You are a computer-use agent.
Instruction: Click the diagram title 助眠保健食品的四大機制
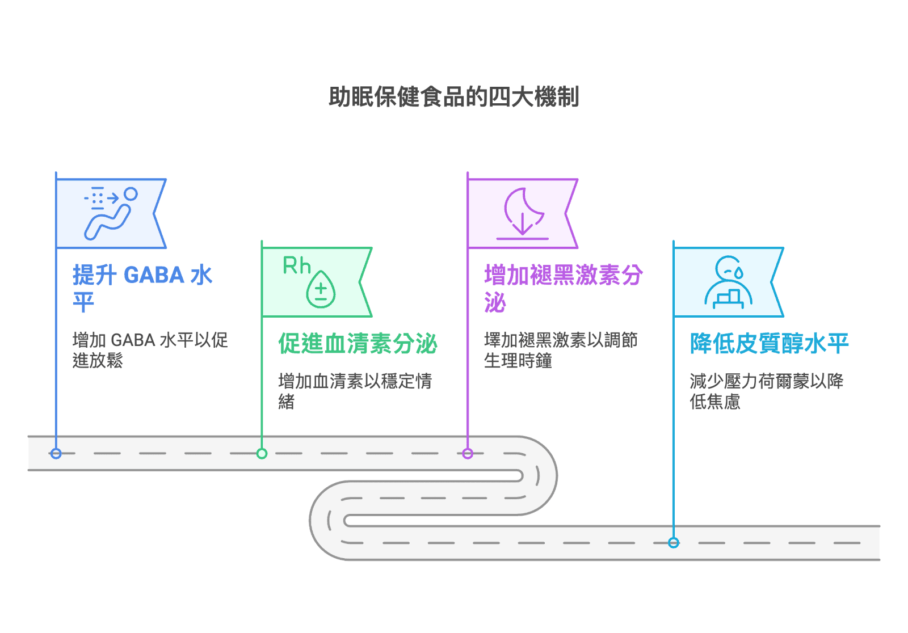453,97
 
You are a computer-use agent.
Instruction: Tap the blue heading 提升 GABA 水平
142,288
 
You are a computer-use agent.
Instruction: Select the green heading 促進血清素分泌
358,344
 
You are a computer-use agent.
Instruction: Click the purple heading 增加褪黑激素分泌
564,288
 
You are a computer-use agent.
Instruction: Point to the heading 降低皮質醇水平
769,344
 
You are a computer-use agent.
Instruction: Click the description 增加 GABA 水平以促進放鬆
150,350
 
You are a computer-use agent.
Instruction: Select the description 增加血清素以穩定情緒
355,391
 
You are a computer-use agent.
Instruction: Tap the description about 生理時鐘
561,350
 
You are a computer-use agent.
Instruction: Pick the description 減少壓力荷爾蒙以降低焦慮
767,391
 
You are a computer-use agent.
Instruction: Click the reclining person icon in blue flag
110,214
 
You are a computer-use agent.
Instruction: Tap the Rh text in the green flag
296,266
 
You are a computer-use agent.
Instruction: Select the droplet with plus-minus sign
321,289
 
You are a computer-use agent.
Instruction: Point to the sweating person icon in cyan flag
728,282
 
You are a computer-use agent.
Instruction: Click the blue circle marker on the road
56,453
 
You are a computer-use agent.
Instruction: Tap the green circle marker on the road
262,453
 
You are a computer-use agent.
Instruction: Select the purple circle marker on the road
468,453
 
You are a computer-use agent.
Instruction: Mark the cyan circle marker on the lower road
673,543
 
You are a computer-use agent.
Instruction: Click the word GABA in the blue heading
154,275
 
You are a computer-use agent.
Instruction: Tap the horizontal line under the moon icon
523,239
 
